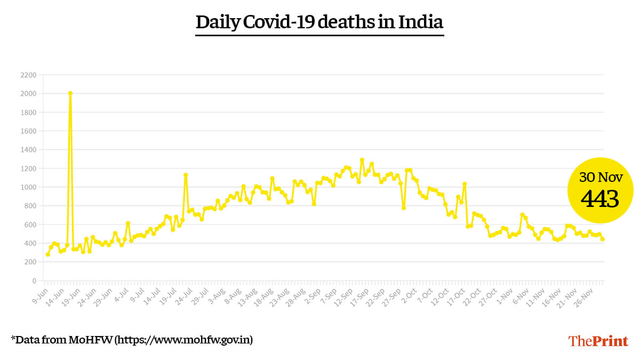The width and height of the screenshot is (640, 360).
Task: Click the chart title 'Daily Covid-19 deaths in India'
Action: [x=319, y=22]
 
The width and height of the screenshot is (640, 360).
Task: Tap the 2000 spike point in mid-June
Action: [x=70, y=93]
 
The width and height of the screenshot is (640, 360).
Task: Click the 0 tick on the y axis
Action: [x=34, y=281]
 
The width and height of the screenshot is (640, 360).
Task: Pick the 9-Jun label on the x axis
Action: [x=41, y=294]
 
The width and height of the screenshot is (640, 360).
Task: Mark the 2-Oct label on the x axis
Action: [x=409, y=294]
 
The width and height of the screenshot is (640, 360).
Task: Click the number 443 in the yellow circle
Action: [x=600, y=199]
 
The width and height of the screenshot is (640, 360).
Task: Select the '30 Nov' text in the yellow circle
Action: [x=600, y=178]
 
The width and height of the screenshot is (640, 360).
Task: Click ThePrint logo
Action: [x=598, y=341]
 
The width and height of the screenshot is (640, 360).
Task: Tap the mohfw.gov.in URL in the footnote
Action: [x=184, y=339]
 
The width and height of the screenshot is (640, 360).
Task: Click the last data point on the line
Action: [x=603, y=239]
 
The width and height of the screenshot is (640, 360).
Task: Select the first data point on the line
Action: [x=47, y=254]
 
